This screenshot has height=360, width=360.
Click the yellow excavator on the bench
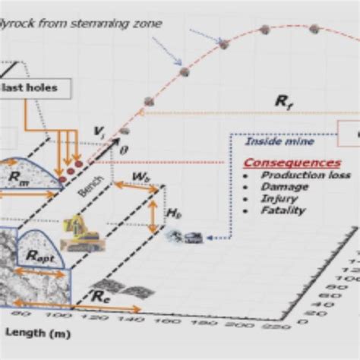(x=81, y=233)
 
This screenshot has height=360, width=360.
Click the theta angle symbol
(x=125, y=150)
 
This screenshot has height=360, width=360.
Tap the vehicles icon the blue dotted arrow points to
(x=185, y=236)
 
